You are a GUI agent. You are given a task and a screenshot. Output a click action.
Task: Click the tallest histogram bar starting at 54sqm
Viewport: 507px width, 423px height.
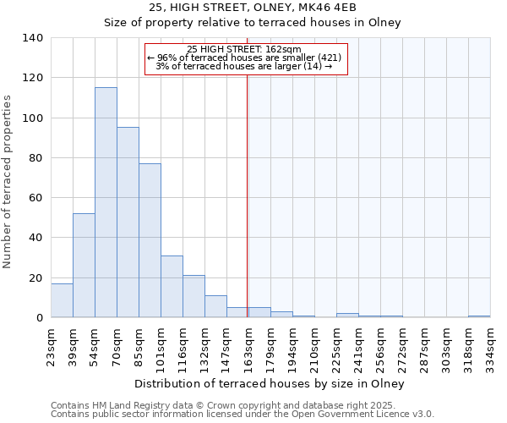click(106, 203)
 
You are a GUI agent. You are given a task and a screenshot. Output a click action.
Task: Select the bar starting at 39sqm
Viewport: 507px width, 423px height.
click(84, 266)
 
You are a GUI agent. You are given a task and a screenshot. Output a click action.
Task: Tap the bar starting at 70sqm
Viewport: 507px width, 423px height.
click(128, 222)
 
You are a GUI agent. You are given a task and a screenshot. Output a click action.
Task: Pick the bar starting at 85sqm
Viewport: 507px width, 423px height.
click(150, 240)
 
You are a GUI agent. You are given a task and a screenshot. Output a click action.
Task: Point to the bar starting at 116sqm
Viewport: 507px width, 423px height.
click(194, 296)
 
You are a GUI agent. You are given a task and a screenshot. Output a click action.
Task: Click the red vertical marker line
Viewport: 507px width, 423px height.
click(247, 195)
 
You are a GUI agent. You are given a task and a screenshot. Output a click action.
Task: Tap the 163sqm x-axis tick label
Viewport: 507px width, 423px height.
click(248, 345)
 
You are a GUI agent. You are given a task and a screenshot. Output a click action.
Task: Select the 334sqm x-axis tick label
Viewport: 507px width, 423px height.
click(490, 345)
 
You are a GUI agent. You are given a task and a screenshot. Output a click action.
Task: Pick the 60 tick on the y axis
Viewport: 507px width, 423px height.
click(35, 198)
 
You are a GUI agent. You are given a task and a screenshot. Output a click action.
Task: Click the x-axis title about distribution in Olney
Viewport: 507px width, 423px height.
click(270, 383)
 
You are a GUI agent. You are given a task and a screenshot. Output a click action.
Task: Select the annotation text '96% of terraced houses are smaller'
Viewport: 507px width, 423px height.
click(245, 58)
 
